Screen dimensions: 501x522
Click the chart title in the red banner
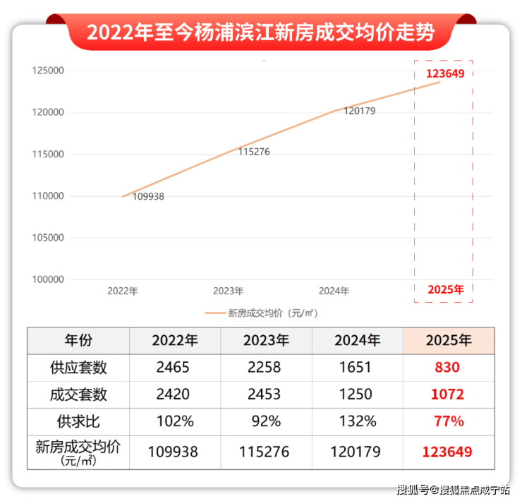260,32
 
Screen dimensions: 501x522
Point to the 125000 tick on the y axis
48,71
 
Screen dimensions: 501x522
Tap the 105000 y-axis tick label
48,239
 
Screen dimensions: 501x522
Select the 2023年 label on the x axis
228,291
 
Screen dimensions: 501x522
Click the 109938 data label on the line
148,197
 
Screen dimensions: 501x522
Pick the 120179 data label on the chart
359,111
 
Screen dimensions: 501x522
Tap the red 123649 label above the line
444,73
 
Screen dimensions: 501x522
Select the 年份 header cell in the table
78,341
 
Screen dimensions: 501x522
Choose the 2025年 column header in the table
449,341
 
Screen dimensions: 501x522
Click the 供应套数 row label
78,368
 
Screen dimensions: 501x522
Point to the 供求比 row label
78,422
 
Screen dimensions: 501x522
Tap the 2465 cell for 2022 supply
174,368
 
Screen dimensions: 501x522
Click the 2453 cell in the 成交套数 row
265,394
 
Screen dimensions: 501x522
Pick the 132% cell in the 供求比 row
357,422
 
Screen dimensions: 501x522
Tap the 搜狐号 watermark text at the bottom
412,490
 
